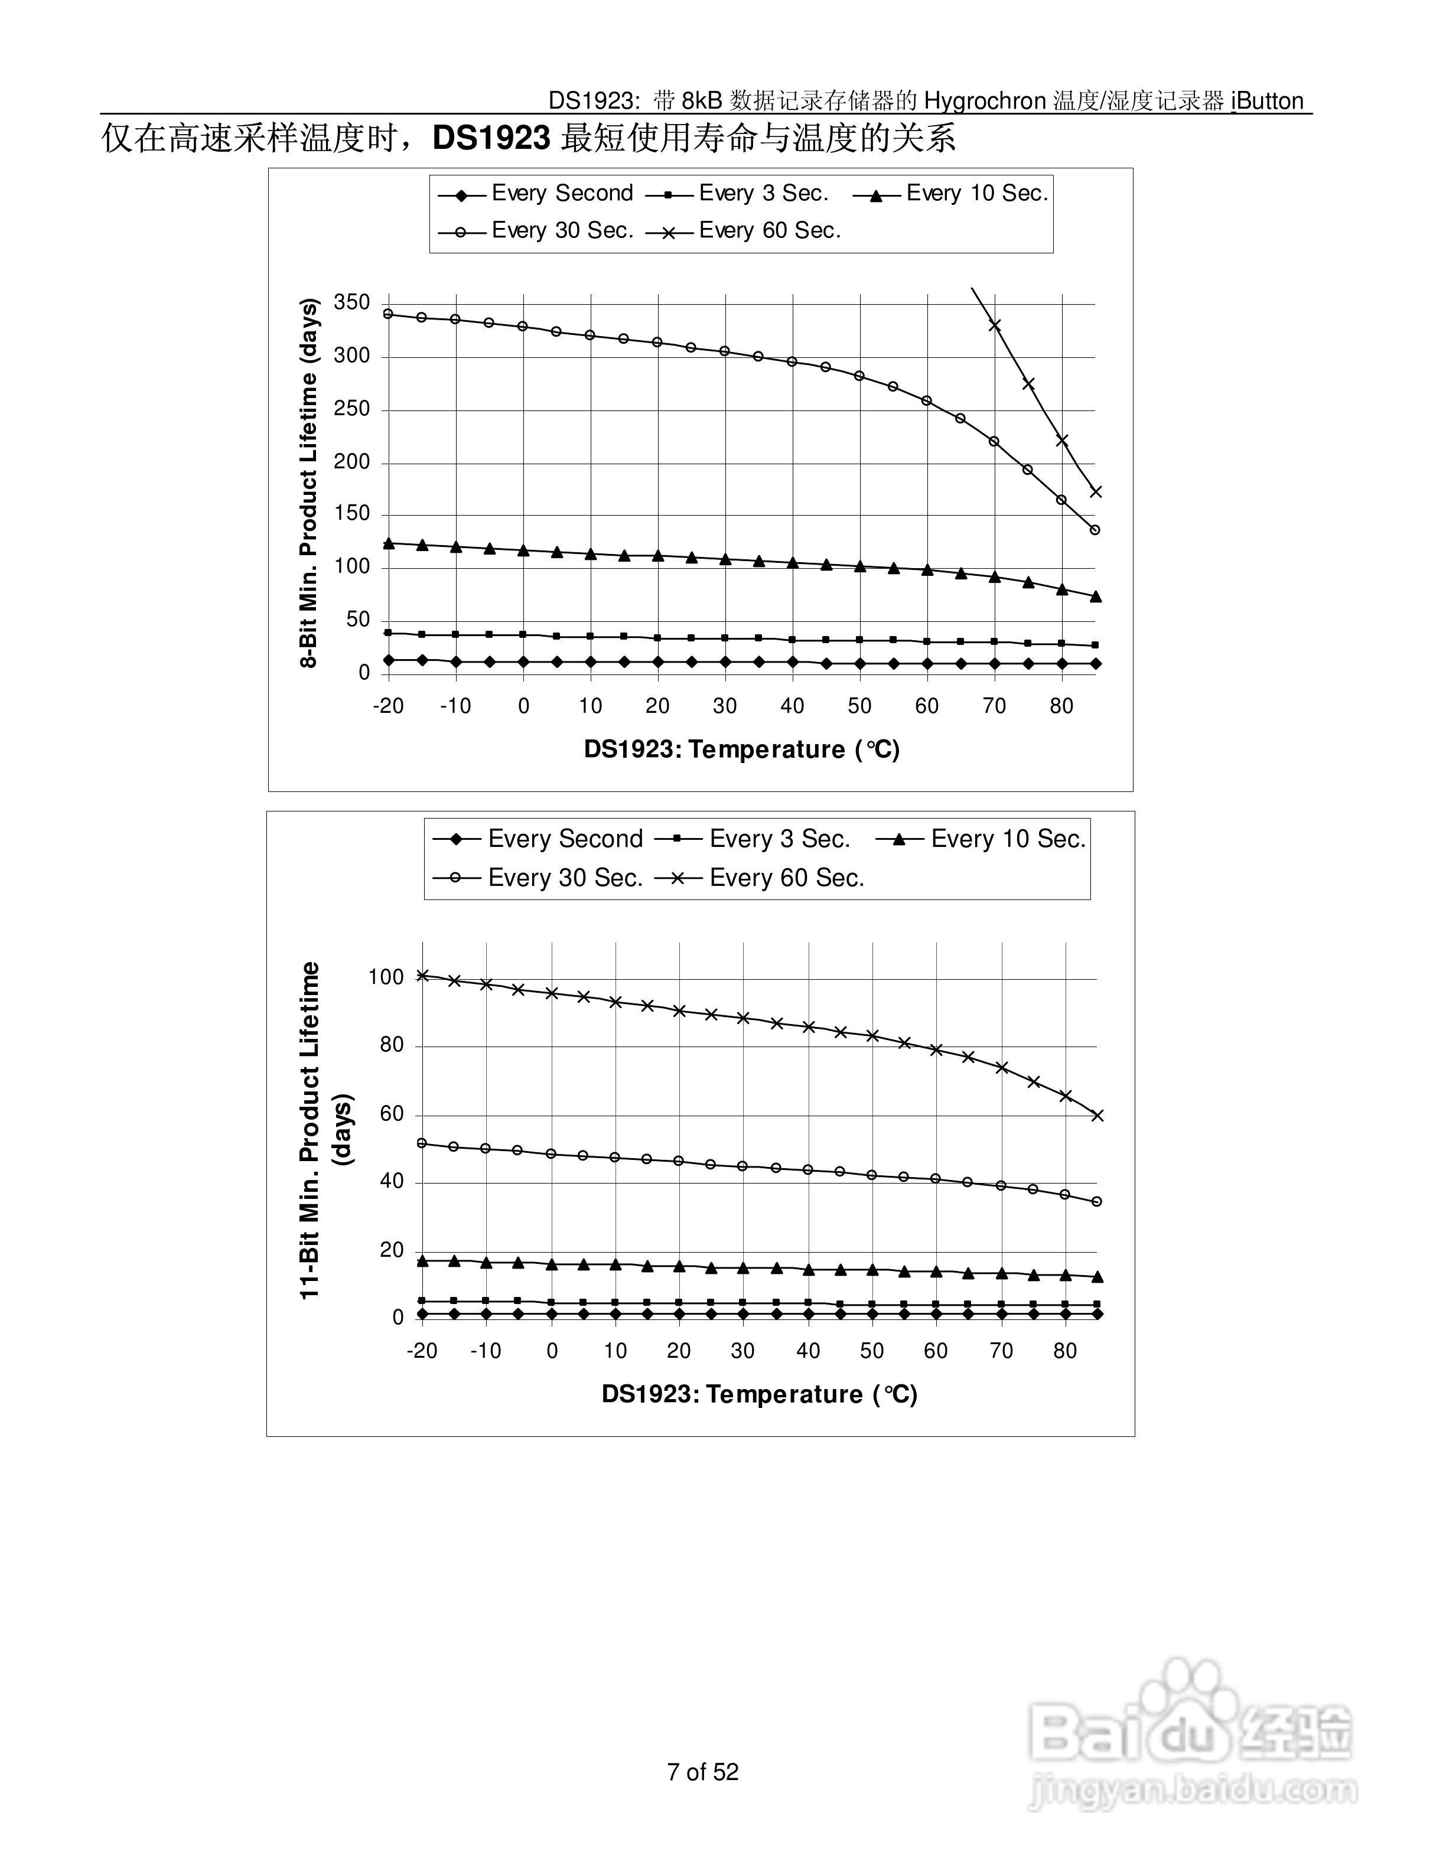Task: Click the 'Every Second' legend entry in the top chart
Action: tap(561, 194)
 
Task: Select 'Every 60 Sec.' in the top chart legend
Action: tap(769, 230)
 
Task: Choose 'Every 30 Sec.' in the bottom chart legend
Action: tap(565, 878)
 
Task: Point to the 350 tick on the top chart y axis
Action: tap(351, 302)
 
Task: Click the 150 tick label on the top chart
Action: tap(351, 514)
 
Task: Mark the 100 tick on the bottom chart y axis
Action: tap(386, 977)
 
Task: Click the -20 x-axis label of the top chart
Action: tap(388, 707)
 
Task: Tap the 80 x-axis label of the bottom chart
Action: tap(1065, 1351)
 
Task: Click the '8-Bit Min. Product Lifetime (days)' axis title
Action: tap(308, 483)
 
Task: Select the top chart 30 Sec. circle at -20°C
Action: tap(388, 314)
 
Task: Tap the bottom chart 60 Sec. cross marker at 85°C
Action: tap(1098, 1116)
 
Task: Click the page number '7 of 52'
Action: tap(702, 1772)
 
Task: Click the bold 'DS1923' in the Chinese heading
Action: tap(491, 138)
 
